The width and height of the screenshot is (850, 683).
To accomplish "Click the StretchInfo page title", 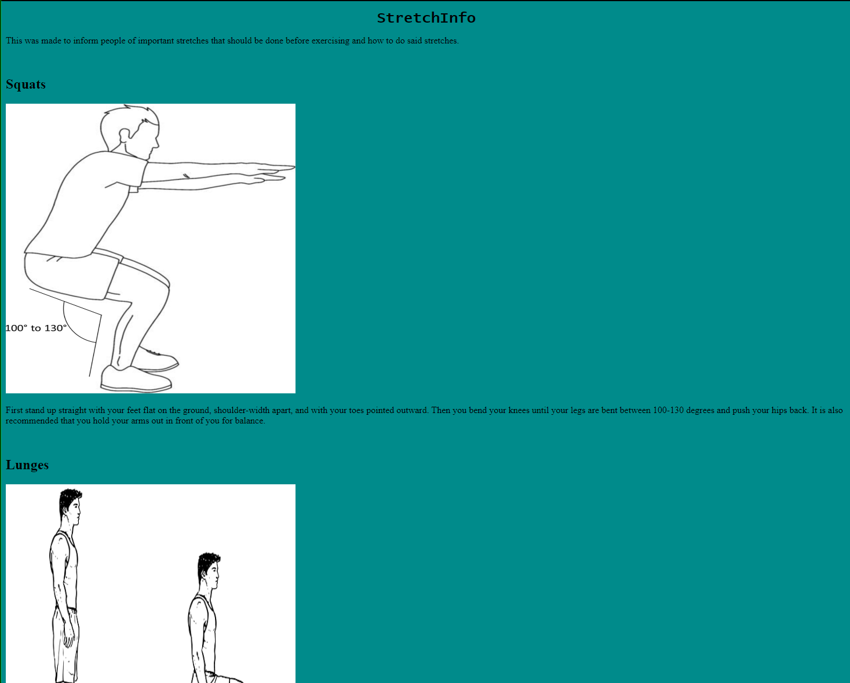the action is click(x=426, y=18).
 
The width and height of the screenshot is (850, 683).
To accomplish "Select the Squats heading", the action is click(x=25, y=84).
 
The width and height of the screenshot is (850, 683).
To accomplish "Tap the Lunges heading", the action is click(x=27, y=465).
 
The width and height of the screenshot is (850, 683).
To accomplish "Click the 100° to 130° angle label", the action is click(x=36, y=328).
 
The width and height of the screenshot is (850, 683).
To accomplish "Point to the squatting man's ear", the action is click(x=125, y=136).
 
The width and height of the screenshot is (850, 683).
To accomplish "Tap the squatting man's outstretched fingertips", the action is click(x=290, y=167).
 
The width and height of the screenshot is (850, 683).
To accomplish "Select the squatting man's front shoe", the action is click(x=136, y=379).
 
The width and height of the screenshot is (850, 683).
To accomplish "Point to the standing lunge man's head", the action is click(x=70, y=506).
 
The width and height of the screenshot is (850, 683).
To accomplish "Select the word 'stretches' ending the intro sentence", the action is click(x=441, y=41).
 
